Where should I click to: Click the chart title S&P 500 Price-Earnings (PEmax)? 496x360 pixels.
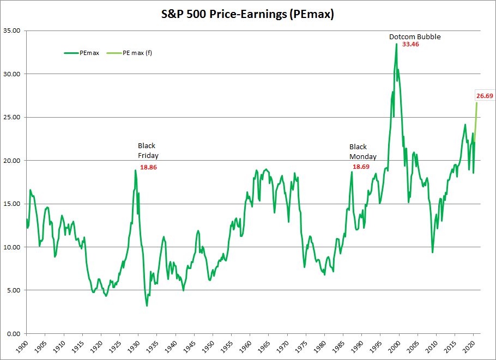(248, 15)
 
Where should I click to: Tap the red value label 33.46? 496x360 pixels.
(410, 44)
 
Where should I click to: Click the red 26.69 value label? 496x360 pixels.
(485, 96)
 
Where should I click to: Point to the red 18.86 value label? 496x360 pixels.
(148, 167)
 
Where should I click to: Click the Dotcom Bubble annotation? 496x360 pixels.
(414, 36)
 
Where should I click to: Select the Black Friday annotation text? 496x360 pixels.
(148, 150)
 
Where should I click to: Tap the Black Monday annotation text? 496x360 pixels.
(362, 151)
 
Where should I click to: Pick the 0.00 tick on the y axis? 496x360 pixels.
(13, 333)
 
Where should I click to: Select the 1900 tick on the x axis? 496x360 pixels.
(22, 346)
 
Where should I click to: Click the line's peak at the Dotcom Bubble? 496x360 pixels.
(396, 44)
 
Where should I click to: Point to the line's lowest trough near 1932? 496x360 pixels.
(147, 306)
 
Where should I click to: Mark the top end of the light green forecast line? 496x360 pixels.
(476, 102)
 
